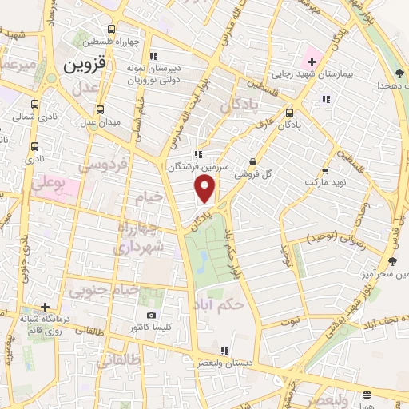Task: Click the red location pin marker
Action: tap(204, 189)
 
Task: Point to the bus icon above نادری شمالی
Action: tap(34, 104)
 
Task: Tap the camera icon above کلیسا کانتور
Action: tap(152, 316)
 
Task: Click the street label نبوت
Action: tap(290, 320)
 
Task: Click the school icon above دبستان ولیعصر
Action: tap(225, 350)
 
